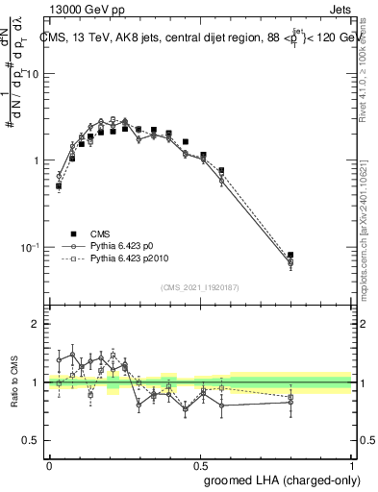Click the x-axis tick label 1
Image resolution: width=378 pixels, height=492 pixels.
click(x=351, y=464)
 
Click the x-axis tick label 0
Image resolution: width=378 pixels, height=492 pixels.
click(x=49, y=464)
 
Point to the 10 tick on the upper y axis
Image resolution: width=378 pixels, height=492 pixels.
click(x=34, y=74)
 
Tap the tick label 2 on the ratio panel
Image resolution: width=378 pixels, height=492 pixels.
click(x=36, y=325)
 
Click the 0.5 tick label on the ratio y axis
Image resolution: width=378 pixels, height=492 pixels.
click(x=31, y=441)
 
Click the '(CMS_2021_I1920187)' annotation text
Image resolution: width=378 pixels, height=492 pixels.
click(x=200, y=287)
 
